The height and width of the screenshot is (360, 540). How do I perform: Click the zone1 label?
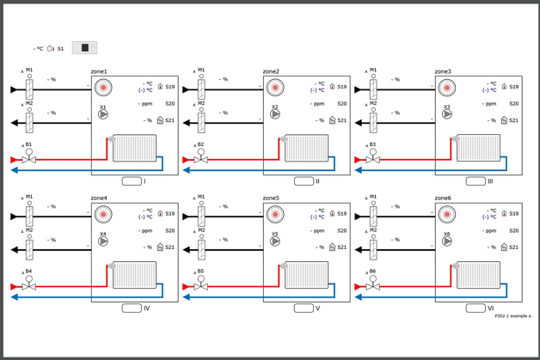[x=99, y=71]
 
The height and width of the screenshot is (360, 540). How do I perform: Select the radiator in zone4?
[x=135, y=276]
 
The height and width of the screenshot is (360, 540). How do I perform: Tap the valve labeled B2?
[x=200, y=159]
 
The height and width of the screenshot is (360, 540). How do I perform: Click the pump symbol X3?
[x=447, y=114]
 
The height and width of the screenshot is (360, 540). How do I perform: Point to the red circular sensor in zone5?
[x=275, y=214]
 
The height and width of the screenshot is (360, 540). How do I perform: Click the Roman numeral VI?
[x=491, y=308]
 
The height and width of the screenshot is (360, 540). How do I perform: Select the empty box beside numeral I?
[x=132, y=181]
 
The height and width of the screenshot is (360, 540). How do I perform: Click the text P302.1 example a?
[x=512, y=316]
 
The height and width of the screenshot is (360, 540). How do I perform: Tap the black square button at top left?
[x=84, y=48]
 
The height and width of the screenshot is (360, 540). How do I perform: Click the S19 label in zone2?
[x=342, y=87]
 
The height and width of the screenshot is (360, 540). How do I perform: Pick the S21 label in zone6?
[x=514, y=247]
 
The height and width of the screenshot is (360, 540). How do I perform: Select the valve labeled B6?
[x=372, y=285]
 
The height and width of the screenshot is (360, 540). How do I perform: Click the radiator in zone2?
[x=307, y=149]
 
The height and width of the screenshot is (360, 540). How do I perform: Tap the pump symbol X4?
[x=103, y=241]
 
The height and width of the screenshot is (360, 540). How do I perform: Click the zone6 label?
[x=443, y=198]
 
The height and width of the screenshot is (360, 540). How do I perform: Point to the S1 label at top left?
[x=61, y=49]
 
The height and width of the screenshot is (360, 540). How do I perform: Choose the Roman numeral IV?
[x=147, y=308]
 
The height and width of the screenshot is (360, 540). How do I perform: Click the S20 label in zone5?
[x=342, y=230]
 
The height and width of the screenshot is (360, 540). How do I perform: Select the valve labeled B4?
[x=28, y=285]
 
